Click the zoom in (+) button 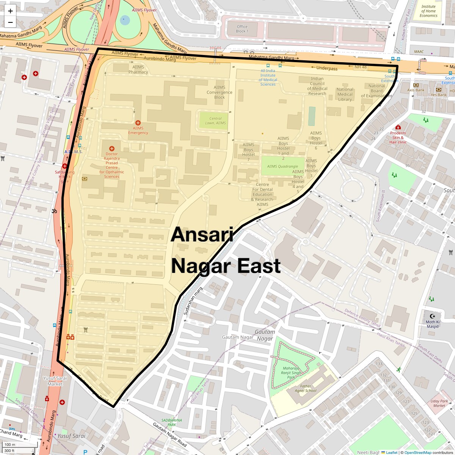point(10,11)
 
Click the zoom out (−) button point(10,22)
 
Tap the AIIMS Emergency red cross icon point(138,123)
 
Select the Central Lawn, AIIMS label point(215,121)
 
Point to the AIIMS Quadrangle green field point(282,166)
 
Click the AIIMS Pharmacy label point(138,70)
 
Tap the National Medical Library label point(345,94)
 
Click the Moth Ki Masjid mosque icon point(432,316)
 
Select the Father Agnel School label point(306,388)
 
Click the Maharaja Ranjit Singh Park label point(291,373)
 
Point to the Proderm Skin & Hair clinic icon point(398,127)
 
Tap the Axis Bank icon point(416,85)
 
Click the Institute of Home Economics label point(428,11)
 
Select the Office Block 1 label point(242,29)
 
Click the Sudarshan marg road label point(193,300)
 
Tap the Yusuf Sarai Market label point(55,381)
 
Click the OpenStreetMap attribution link point(417,452)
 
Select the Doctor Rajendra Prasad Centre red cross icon point(111,149)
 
